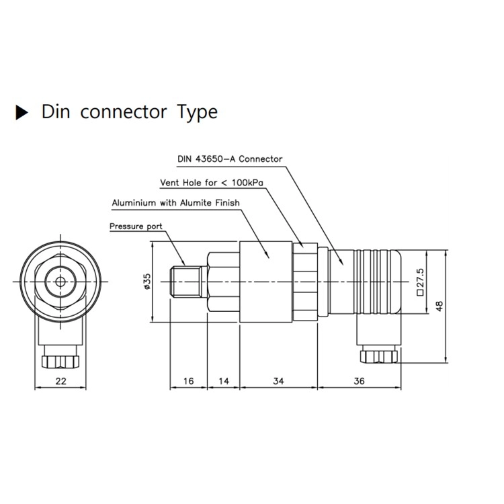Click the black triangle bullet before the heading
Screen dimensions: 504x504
(22, 112)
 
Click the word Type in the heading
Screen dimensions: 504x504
(198, 113)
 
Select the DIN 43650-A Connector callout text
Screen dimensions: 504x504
(230, 159)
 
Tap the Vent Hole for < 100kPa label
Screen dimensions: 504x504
(212, 183)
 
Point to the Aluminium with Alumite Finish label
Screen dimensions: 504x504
(176, 203)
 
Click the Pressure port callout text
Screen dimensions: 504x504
(136, 226)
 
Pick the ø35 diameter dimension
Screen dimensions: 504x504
(147, 282)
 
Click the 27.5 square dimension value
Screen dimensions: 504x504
(420, 282)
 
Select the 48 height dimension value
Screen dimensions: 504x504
(439, 306)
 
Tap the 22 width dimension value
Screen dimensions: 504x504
(60, 381)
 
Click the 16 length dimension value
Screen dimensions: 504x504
(189, 381)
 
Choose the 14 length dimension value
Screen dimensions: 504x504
(224, 381)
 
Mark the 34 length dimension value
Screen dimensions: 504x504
(279, 381)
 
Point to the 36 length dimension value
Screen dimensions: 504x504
(359, 381)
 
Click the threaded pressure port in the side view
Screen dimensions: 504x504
(188, 282)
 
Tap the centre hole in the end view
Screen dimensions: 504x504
(60, 282)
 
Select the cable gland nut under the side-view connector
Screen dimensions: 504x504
(379, 357)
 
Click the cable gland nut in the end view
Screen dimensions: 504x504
(60, 362)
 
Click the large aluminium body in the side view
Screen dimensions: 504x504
(266, 282)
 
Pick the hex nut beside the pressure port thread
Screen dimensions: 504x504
(224, 282)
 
